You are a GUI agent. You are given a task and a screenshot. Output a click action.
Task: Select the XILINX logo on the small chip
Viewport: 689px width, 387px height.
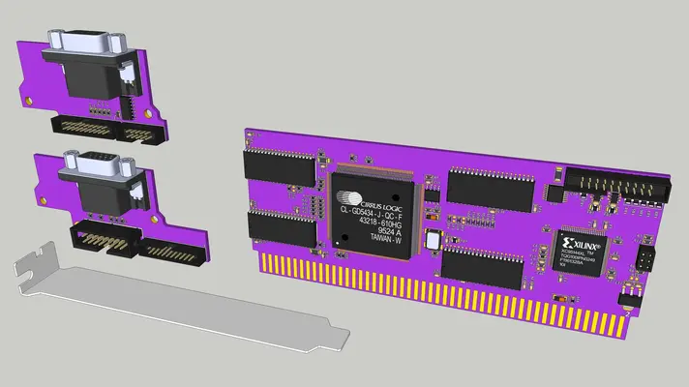tap(583, 243)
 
